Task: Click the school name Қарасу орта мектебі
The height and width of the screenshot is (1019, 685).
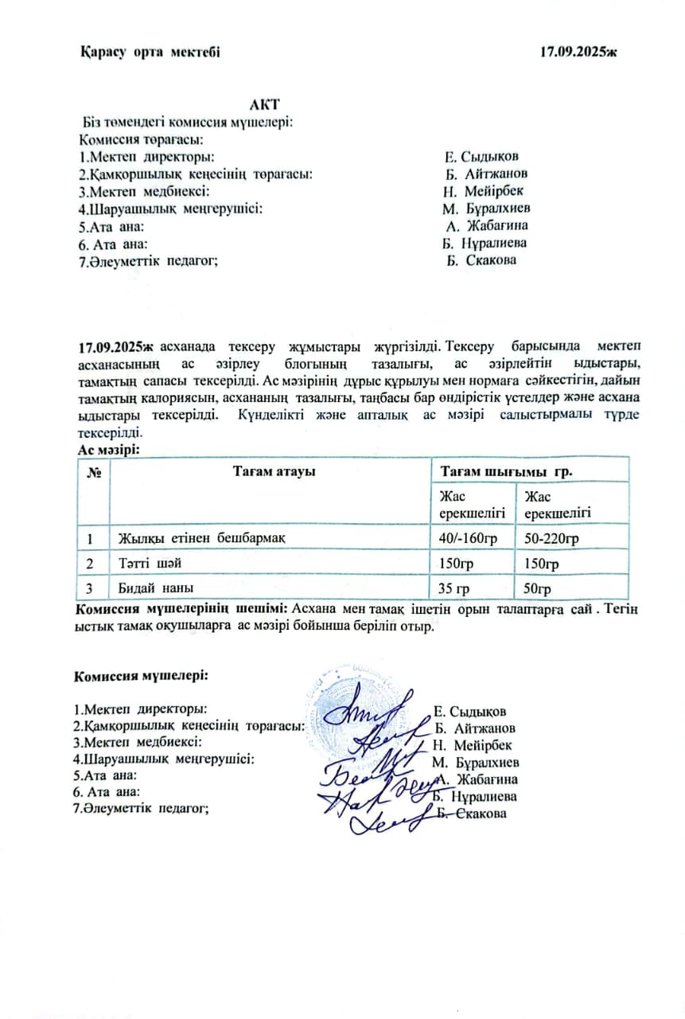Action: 150,52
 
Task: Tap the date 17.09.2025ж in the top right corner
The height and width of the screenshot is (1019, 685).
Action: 578,52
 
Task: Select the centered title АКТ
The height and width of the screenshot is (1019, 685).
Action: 264,105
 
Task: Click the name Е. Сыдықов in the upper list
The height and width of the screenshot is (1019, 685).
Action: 484,157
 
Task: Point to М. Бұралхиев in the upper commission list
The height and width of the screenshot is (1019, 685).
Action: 487,209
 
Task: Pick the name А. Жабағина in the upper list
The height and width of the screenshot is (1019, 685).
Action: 488,226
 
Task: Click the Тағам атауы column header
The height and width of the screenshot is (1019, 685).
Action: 274,471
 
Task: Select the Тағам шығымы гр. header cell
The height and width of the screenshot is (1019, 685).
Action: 507,471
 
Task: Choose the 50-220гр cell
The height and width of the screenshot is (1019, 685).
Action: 551,539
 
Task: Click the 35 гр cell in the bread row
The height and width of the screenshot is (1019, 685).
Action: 455,589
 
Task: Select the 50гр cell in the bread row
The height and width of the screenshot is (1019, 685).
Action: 538,589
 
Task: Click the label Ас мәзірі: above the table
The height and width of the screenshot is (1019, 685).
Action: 108,450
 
